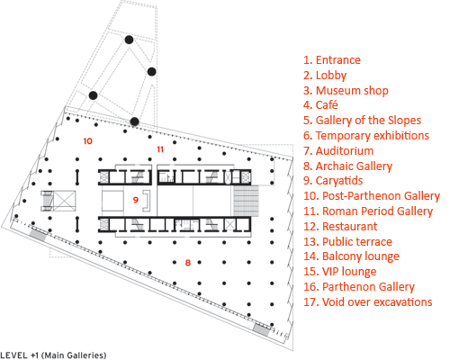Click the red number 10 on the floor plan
click(x=87, y=141)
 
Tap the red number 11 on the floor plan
click(x=160, y=149)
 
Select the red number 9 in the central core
click(x=136, y=200)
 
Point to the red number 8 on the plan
click(x=188, y=263)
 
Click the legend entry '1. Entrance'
click(x=332, y=60)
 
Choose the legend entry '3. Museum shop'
click(x=346, y=91)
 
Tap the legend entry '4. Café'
click(x=320, y=105)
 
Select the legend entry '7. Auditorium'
click(x=338, y=150)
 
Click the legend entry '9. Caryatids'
click(x=333, y=181)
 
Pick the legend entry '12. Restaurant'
click(x=340, y=226)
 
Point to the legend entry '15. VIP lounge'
click(x=340, y=272)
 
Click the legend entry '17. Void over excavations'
click(x=368, y=301)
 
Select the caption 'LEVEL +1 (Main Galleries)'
click(x=53, y=355)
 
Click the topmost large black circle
click(x=129, y=40)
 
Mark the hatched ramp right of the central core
click(x=246, y=201)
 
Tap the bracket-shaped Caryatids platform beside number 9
click(x=147, y=201)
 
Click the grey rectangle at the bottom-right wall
click(x=262, y=329)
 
